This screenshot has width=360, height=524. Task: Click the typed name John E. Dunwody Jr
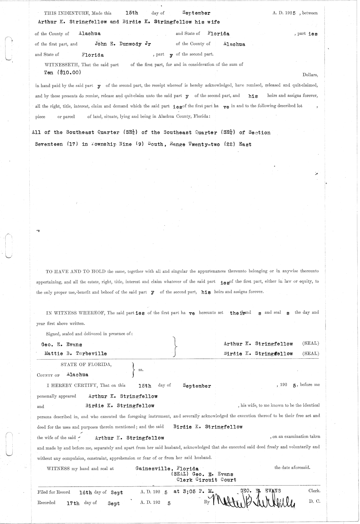point(123,44)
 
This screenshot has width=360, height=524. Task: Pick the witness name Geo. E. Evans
point(62,344)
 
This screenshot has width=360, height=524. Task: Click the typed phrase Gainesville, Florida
point(167,468)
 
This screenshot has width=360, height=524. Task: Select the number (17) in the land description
point(72,144)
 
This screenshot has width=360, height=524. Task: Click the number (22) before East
point(230,144)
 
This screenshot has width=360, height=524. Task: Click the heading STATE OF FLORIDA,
point(86,365)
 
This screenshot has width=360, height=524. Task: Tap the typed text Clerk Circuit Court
point(206,480)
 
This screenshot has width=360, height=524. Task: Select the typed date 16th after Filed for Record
point(85,493)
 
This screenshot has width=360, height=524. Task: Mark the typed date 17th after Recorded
point(73,504)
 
